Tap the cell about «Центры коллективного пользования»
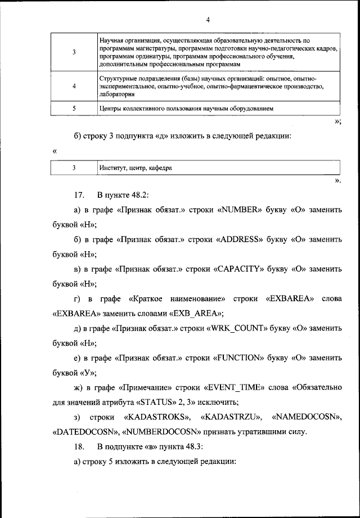tap(186, 109)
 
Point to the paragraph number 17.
tap(78, 195)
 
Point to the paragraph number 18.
tap(78, 446)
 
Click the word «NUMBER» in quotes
tap(239, 210)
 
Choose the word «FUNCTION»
tap(240, 357)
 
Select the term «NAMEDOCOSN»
tap(307, 417)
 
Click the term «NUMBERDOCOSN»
tap(163, 432)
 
